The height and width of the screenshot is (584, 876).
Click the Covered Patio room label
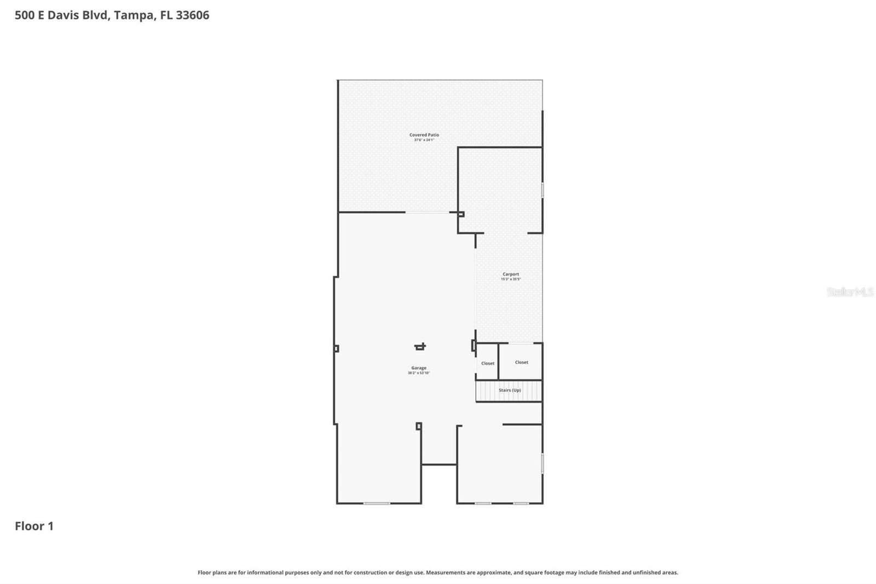click(424, 135)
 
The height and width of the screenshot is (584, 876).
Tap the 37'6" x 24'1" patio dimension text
click(424, 140)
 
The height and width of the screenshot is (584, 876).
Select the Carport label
click(510, 274)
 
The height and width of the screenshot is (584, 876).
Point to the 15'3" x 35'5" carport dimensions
click(510, 279)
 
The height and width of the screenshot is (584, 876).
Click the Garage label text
click(418, 368)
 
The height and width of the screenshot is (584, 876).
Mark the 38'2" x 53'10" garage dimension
click(418, 373)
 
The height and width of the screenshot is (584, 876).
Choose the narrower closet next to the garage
click(487, 363)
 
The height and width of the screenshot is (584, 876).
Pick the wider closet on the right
click(521, 362)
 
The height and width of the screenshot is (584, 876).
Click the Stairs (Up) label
click(509, 390)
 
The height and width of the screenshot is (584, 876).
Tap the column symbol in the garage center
click(420, 346)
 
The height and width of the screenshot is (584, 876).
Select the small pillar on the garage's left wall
click(336, 348)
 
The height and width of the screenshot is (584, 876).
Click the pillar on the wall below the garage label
click(418, 426)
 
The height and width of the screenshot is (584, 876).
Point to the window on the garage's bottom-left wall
click(377, 503)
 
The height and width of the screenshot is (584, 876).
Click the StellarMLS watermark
click(849, 292)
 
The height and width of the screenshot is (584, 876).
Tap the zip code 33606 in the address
click(192, 15)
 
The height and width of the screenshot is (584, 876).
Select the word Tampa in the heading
click(134, 15)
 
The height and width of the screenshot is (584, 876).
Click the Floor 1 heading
click(34, 526)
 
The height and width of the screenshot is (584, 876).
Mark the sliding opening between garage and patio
click(427, 213)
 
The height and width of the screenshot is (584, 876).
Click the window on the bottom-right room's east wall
click(542, 463)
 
